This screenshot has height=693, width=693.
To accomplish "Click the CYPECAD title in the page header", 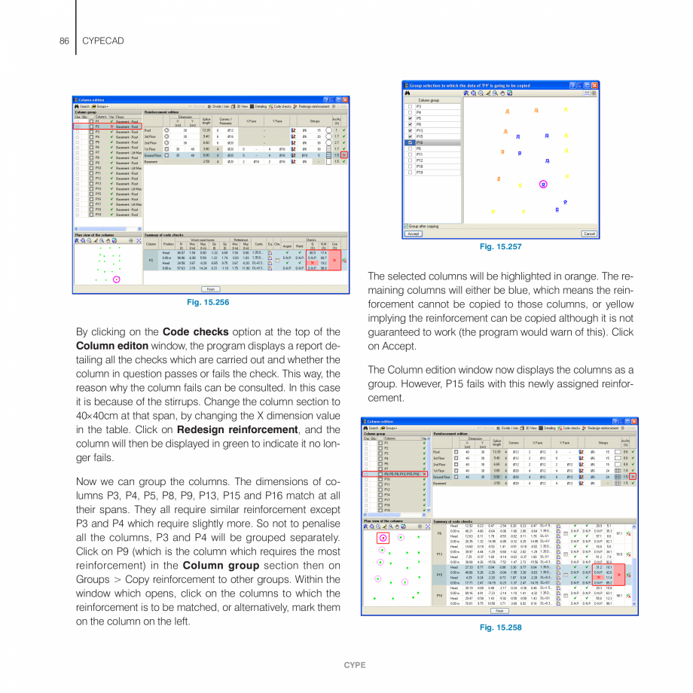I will pos(103,39).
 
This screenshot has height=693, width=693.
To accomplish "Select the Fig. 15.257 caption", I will pos(500,246).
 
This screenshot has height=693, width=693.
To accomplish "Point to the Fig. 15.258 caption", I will pos(500,627).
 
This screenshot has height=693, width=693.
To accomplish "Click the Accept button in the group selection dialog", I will pos(414,234).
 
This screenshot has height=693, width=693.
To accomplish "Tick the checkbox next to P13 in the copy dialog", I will pos(411,130).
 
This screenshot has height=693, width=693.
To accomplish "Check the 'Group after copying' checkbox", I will pos(407,226).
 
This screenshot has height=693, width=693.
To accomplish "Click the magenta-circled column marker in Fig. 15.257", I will pos(543,184).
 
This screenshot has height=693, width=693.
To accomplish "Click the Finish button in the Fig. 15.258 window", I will pos(500,611).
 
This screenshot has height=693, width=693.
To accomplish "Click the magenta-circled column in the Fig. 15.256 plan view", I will pos(116,279).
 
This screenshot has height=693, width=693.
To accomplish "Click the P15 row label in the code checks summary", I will pos(439,574).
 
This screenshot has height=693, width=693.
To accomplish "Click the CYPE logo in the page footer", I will pos(355,665).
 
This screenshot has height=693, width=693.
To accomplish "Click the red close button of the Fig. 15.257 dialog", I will pos(594,85).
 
